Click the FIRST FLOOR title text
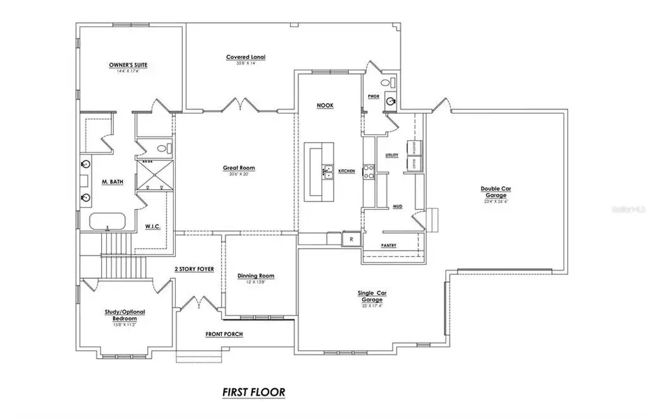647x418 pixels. point(254,392)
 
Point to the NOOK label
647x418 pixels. point(325,105)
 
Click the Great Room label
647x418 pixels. point(238,168)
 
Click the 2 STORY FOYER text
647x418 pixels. point(194,268)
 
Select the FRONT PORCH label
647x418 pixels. point(224,334)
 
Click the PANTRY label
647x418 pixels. point(389,246)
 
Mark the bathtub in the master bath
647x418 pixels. point(107,222)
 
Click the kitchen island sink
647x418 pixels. point(326,169)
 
